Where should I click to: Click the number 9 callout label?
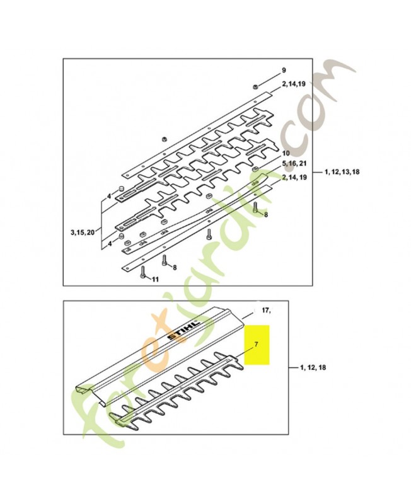(284, 71)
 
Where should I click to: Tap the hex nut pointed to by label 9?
(255, 86)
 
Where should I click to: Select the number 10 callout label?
(286, 153)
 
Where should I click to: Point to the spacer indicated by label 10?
(255, 169)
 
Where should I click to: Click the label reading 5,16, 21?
(294, 164)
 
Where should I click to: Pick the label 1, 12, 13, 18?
(342, 172)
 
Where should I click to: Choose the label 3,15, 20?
(83, 232)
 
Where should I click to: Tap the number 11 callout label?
(155, 279)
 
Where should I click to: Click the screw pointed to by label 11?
(142, 272)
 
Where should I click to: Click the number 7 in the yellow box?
(256, 344)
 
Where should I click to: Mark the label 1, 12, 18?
(313, 367)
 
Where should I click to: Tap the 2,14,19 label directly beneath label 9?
(294, 84)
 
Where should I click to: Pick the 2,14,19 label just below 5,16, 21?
(294, 178)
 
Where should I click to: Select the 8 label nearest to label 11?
(175, 267)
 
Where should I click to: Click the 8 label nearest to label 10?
(266, 215)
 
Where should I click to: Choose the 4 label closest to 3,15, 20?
(110, 244)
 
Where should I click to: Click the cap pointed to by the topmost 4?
(122, 187)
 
